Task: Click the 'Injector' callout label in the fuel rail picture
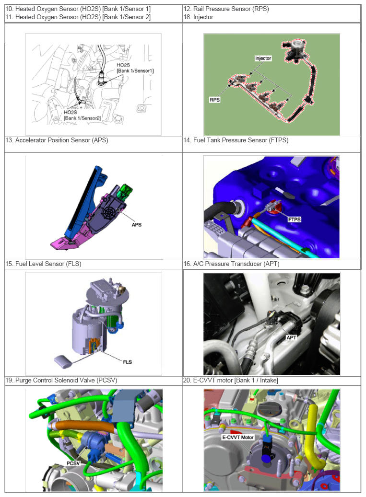(263, 58)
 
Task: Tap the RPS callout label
(214, 100)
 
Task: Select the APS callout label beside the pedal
(136, 224)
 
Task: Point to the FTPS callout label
(294, 220)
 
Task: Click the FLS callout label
(127, 362)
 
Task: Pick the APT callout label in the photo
(291, 337)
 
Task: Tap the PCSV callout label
(73, 463)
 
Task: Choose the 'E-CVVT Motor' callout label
(238, 437)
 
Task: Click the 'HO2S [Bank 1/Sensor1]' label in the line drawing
(135, 68)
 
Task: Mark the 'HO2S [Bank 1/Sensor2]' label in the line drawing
(82, 115)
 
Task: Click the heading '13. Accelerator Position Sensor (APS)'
(57, 140)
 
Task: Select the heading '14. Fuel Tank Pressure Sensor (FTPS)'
(236, 140)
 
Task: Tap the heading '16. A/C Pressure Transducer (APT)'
(231, 264)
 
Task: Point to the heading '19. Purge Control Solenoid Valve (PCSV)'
(61, 380)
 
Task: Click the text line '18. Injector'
(198, 17)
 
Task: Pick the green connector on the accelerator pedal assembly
(125, 191)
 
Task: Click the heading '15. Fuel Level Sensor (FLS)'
(44, 264)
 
